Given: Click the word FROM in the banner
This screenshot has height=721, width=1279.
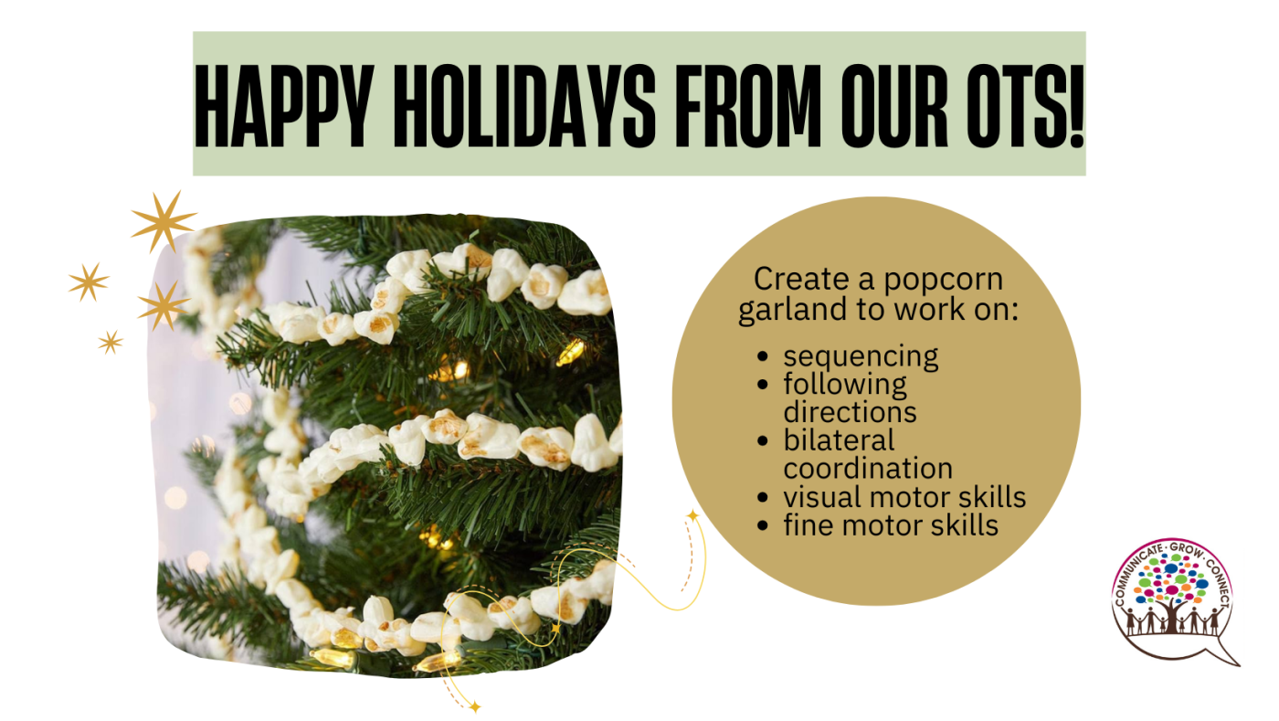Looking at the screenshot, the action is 748,106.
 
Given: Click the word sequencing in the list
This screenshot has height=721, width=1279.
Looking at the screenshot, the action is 861,357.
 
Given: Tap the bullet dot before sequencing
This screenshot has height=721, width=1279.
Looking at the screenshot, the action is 762,356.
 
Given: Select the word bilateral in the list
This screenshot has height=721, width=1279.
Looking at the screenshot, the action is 839,440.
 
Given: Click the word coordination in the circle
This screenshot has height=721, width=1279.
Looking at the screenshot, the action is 868,469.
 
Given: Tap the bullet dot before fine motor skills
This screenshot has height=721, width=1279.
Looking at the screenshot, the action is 762,525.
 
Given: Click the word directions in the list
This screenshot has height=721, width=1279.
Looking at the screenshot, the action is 850,412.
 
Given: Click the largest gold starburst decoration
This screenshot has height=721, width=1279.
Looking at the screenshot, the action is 164,222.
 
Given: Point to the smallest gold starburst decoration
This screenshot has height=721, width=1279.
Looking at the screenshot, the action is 111,342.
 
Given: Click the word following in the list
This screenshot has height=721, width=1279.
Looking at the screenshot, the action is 845,385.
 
